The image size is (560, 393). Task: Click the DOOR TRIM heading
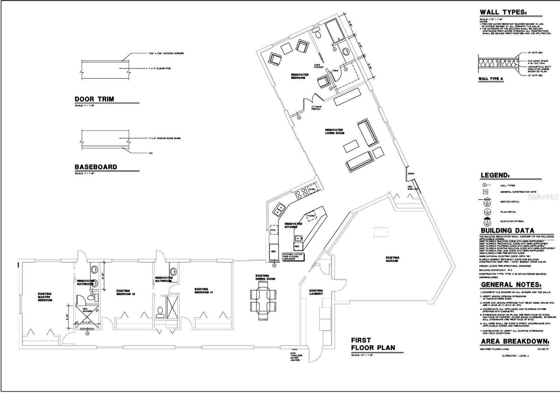click(x=94, y=99)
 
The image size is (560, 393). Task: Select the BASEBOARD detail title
click(x=96, y=167)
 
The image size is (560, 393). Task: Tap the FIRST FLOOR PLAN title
click(x=373, y=344)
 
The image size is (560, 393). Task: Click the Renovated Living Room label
click(x=335, y=131)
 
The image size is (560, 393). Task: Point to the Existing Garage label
click(x=392, y=259)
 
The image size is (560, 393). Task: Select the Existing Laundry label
click(x=316, y=292)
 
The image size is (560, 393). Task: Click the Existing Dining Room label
click(x=262, y=277)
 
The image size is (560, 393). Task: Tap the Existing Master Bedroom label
click(x=45, y=297)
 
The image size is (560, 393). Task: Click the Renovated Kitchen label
click(x=293, y=225)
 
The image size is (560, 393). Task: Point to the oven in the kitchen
click(x=312, y=189)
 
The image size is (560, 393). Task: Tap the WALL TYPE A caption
click(x=491, y=79)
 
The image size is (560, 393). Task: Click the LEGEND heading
click(x=495, y=175)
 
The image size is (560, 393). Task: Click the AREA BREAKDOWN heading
click(x=514, y=342)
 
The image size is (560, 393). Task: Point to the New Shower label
click(x=87, y=310)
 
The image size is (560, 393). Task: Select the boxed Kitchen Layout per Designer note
click(x=293, y=256)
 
